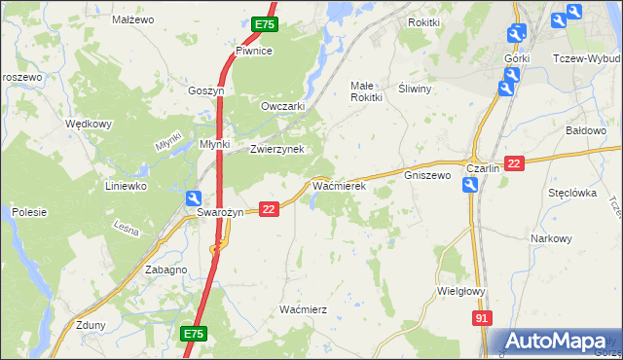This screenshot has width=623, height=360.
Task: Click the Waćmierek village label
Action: [x=338, y=184]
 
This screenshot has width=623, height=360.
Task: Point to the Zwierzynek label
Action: [x=277, y=149]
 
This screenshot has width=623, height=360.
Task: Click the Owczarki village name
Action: [x=283, y=106]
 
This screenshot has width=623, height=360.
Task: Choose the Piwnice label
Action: [x=253, y=51]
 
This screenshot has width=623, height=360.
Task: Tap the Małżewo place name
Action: [x=133, y=19]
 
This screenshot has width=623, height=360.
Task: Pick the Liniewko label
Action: [x=126, y=184]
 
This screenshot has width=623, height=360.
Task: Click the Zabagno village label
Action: [x=165, y=270]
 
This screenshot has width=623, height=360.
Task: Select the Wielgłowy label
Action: [x=461, y=290]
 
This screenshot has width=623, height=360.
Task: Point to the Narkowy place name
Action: [x=551, y=238]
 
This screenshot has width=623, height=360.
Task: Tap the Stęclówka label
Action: [x=571, y=193]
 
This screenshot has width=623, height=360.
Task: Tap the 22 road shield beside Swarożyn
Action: [x=270, y=208]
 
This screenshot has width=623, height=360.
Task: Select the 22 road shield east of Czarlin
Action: [x=515, y=165]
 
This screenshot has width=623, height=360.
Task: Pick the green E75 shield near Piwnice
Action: [x=264, y=24]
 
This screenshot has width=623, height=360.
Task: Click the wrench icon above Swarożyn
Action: [x=196, y=198]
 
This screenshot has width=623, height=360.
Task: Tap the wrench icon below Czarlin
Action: [x=470, y=186]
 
